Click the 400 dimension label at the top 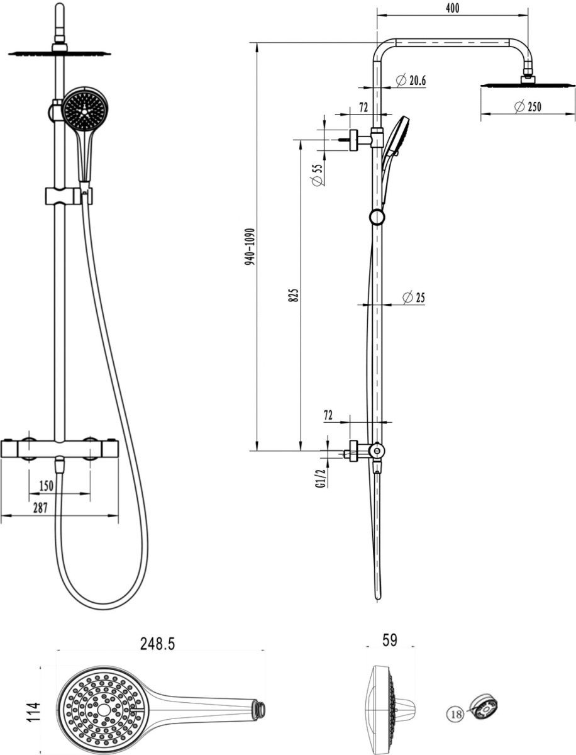click(x=453, y=8)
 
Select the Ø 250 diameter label click(x=528, y=106)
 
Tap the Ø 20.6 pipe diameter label click(x=411, y=81)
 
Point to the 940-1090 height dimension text click(x=250, y=247)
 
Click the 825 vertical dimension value click(x=293, y=296)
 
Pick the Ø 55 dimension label click(x=318, y=175)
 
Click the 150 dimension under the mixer click(x=47, y=486)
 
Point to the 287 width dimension click(x=40, y=508)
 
